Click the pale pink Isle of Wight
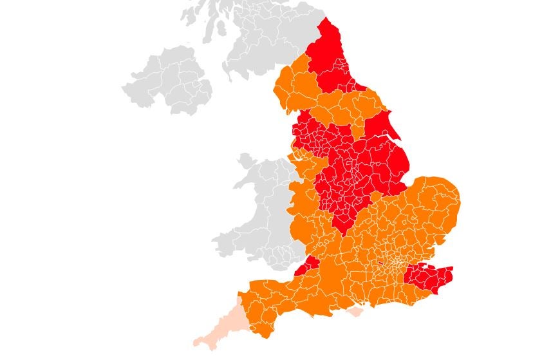(355, 312)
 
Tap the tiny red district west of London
(379, 263)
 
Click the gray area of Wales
(257, 213)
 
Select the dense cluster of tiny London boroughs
(393, 264)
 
